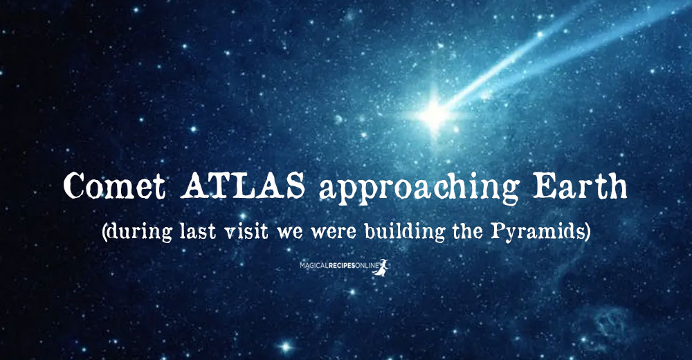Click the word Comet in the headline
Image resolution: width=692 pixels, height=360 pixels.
pos(115,186)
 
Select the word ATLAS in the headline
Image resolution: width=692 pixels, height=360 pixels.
pos(243,186)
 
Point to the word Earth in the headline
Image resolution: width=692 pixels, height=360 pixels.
pos(580,186)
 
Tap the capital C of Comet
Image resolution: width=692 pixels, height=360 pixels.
pos(74,186)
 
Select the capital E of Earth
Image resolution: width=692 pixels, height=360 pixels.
pos(543,186)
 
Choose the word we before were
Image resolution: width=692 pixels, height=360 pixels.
pos(289,233)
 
